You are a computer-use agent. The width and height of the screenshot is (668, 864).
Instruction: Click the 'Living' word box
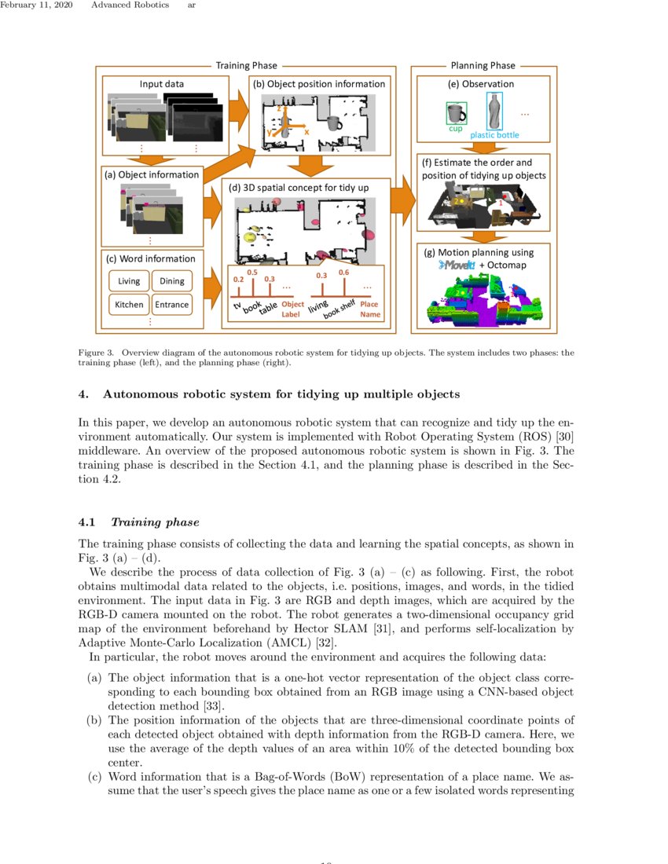(129, 281)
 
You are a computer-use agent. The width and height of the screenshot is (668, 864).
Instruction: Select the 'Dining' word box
(172, 281)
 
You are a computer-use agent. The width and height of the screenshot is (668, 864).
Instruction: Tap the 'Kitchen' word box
(129, 305)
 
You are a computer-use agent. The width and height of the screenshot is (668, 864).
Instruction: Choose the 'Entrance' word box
(172, 305)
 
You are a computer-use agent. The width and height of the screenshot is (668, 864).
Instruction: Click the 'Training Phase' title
(244, 66)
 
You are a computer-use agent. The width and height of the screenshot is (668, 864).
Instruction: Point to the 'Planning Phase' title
(483, 66)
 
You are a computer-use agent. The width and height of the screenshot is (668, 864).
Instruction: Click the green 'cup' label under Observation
(455, 128)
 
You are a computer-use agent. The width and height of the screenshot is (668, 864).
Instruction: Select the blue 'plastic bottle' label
(494, 135)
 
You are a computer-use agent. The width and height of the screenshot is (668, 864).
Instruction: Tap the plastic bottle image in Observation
(494, 112)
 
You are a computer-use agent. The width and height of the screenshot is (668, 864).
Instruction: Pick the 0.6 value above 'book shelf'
(343, 272)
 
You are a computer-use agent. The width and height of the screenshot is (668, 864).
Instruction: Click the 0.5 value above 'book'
(252, 272)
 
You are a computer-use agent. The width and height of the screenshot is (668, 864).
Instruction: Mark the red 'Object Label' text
(292, 309)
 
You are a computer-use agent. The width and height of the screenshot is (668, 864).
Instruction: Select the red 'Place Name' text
(369, 309)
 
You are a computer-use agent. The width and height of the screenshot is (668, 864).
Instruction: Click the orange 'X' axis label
(306, 132)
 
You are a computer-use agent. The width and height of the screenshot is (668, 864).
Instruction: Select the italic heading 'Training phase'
(155, 522)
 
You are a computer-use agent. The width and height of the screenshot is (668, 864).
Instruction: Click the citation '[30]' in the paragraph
(563, 435)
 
